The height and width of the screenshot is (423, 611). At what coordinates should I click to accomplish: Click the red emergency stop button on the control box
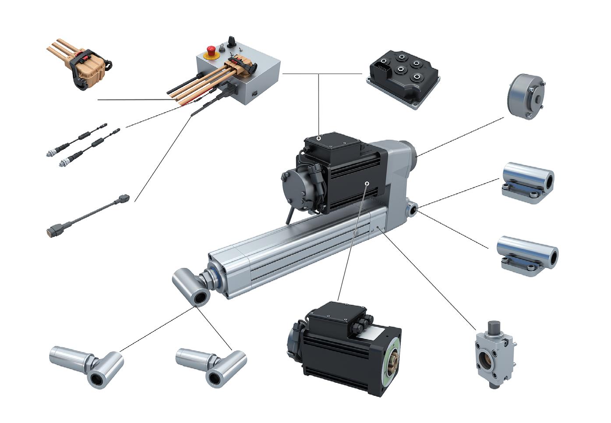tap(211, 49)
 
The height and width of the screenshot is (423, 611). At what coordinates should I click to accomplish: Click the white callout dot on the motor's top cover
tap(318, 138)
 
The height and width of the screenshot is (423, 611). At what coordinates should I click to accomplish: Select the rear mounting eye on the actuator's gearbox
tap(412, 209)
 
